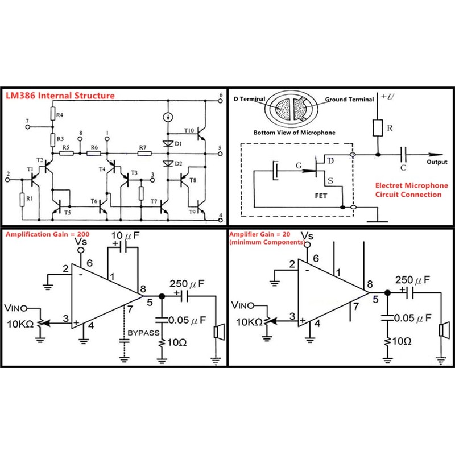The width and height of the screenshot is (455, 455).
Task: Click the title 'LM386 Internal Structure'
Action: [60, 96]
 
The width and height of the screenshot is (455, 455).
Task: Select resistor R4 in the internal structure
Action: [53, 113]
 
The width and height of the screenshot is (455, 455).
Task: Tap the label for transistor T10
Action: [189, 130]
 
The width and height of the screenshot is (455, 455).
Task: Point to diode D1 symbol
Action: [168, 143]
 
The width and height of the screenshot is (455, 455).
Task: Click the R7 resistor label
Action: [143, 147]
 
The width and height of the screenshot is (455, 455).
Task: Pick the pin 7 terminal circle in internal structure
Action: [28, 127]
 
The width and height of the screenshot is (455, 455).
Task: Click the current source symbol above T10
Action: [168, 117]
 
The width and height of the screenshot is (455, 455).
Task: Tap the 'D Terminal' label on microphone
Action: [250, 99]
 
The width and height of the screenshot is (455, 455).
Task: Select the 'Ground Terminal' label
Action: [349, 99]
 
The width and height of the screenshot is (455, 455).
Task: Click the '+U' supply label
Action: [388, 96]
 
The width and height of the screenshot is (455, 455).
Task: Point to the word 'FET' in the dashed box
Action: [321, 196]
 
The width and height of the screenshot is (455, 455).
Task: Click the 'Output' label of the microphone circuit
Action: [437, 162]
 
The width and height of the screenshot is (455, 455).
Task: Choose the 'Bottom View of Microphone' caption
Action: [294, 133]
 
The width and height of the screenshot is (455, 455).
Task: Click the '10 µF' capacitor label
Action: [125, 235]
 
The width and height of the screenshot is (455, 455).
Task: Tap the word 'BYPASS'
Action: [143, 333]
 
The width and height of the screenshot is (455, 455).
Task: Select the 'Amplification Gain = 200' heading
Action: [48, 234]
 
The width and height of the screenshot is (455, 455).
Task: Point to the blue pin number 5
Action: [375, 300]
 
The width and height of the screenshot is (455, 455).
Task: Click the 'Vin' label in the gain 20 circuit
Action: [239, 305]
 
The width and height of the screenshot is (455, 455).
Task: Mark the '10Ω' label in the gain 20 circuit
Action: [402, 341]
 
